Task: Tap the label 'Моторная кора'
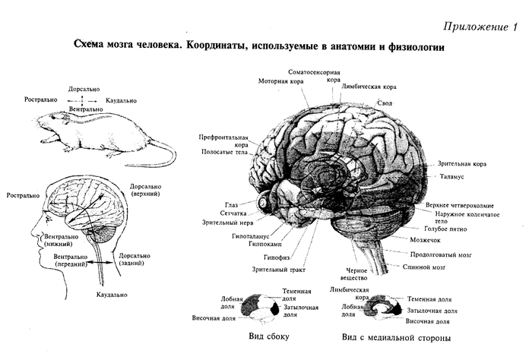point(280,81)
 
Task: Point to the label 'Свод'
point(385,102)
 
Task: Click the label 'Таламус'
point(457,176)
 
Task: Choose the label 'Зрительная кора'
point(463,163)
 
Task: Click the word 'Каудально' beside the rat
point(122,99)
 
